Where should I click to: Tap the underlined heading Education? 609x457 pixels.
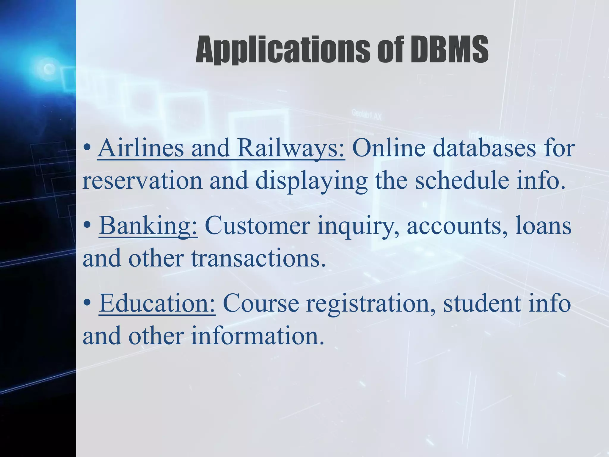157,303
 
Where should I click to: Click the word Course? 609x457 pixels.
261,303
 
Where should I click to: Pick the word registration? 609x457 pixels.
371,303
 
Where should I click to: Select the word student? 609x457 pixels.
482,303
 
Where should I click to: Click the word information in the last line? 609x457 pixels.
257,336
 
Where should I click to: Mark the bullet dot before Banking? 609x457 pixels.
87,226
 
